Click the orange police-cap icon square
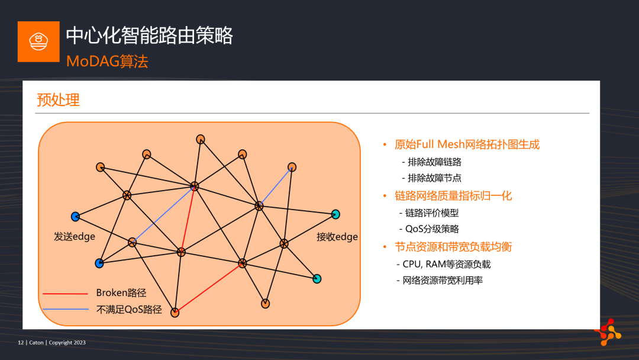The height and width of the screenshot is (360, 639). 38,41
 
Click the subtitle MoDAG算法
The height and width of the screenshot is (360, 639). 107,62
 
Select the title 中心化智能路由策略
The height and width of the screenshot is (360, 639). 150,35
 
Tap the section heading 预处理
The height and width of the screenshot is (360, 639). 58,99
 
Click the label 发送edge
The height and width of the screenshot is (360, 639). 75,236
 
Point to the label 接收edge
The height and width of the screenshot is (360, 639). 337,236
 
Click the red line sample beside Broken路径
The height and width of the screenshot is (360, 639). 65,294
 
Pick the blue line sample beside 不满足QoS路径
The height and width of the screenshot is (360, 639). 65,310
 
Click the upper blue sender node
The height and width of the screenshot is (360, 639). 75,217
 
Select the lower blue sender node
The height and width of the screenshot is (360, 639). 99,263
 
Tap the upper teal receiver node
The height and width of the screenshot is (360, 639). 335,214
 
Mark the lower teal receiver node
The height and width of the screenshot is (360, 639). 317,279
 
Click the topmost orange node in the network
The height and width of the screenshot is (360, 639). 201,139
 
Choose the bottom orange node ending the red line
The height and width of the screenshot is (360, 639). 175,313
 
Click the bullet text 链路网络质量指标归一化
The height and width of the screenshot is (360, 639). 453,196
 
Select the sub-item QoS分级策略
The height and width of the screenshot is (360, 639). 432,229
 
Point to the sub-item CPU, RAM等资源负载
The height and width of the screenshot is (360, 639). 447,264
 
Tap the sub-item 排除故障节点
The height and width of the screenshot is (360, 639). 434,178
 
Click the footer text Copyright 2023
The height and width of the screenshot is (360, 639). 67,342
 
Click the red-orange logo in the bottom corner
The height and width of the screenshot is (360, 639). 608,332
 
